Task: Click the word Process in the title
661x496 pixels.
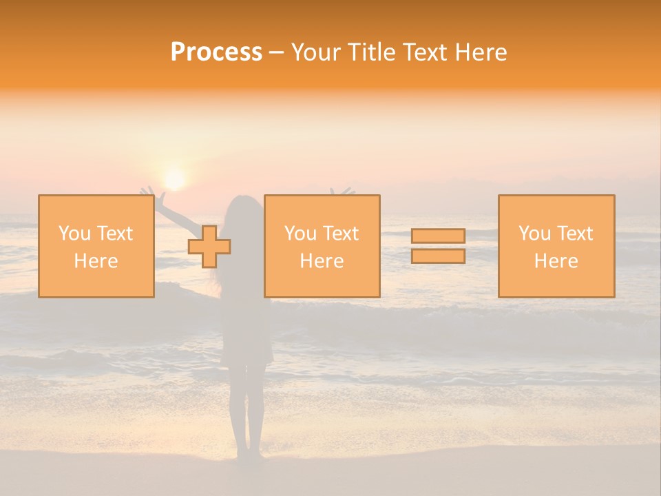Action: point(216,52)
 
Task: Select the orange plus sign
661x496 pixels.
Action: point(209,247)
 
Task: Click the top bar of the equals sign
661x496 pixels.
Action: point(438,236)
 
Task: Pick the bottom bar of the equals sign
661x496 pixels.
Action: point(438,256)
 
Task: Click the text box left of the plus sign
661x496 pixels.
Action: point(96,246)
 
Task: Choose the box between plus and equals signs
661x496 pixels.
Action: point(322,246)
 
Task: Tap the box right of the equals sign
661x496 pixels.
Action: point(556,246)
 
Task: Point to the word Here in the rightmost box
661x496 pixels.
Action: point(556,261)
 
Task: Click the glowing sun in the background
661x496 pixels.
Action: point(175,179)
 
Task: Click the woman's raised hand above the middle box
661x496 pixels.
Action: point(342,190)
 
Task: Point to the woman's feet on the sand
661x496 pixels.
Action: point(249,455)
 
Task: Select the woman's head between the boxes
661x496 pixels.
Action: point(244,210)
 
